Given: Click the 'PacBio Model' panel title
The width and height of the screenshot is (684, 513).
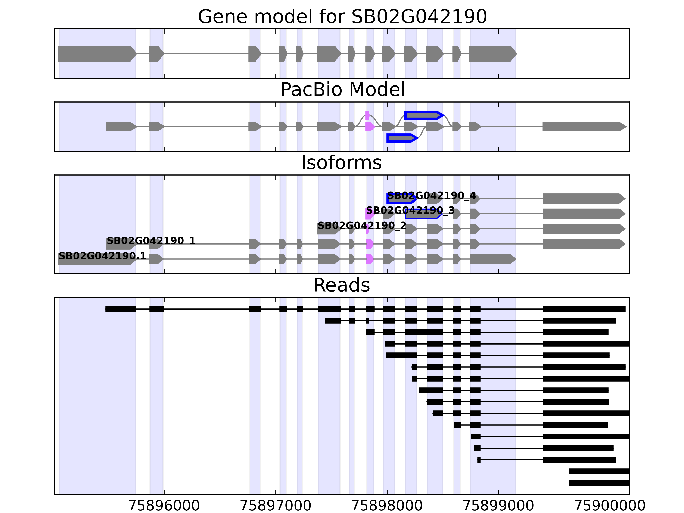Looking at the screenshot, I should click(342, 90).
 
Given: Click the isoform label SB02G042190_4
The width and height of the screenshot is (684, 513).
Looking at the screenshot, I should click(431, 196).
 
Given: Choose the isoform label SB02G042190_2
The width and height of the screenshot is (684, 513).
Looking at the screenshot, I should click(362, 226).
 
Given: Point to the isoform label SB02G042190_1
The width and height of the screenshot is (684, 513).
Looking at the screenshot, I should click(151, 241).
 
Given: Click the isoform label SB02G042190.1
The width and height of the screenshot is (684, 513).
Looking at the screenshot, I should click(102, 256).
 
